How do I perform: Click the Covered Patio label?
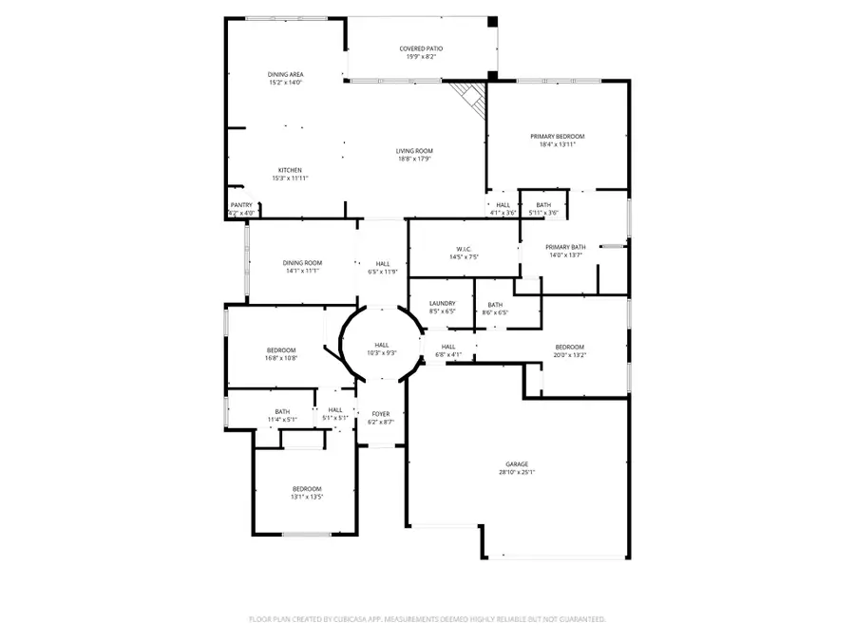pyautogui.click(x=421, y=48)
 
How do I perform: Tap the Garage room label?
pyautogui.click(x=516, y=464)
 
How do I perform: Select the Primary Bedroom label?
pyautogui.click(x=558, y=137)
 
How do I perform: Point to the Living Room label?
pyautogui.click(x=414, y=151)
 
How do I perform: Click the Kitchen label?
pyautogui.click(x=290, y=171)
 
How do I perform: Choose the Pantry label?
pyautogui.click(x=242, y=205)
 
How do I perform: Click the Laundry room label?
pyautogui.click(x=442, y=304)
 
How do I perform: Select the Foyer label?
pyautogui.click(x=380, y=414)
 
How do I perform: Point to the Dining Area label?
pyautogui.click(x=285, y=74)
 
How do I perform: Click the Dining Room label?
pyautogui.click(x=302, y=263)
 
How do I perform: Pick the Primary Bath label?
pyautogui.click(x=565, y=247)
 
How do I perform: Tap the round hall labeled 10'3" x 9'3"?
pyautogui.click(x=381, y=349)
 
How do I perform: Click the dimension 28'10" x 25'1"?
pyautogui.click(x=516, y=472)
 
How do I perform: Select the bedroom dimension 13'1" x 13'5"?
pyautogui.click(x=306, y=496)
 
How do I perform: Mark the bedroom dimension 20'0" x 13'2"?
pyautogui.click(x=569, y=355)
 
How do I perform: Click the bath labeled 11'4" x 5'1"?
pyautogui.click(x=282, y=415)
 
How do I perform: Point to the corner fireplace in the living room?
pyautogui.click(x=467, y=94)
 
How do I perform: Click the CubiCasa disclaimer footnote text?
pyautogui.click(x=427, y=618)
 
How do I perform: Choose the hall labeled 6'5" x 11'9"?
pyautogui.click(x=382, y=268)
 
